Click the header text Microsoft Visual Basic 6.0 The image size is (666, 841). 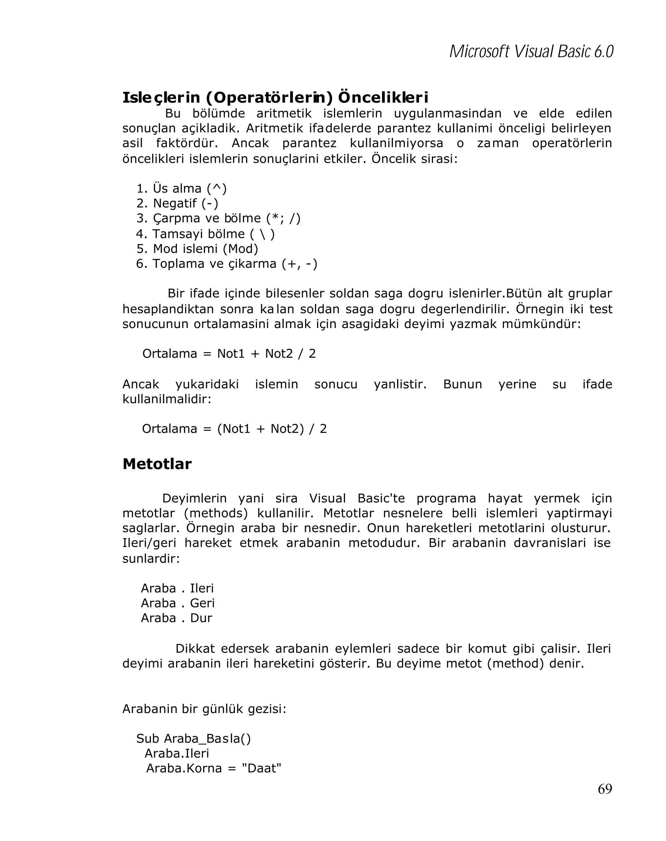pos(531,51)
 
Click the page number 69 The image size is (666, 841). pos(605,789)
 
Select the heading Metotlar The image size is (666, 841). pos(157,464)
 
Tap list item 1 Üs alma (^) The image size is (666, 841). pos(181,188)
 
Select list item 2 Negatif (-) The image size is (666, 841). pos(177,203)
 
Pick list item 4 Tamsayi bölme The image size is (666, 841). pos(206,234)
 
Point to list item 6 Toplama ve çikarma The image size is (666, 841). pos(226,264)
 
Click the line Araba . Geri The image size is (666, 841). pos(177,603)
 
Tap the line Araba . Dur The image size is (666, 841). pos(176,618)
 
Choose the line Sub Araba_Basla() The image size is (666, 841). pos(193,738)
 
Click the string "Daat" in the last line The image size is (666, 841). pos(261,768)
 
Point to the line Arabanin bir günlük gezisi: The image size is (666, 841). pos(204,709)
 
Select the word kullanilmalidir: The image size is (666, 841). pos(166,399)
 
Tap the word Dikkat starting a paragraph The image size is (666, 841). pos(195,648)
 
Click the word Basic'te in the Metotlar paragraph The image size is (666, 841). pos(381,498)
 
